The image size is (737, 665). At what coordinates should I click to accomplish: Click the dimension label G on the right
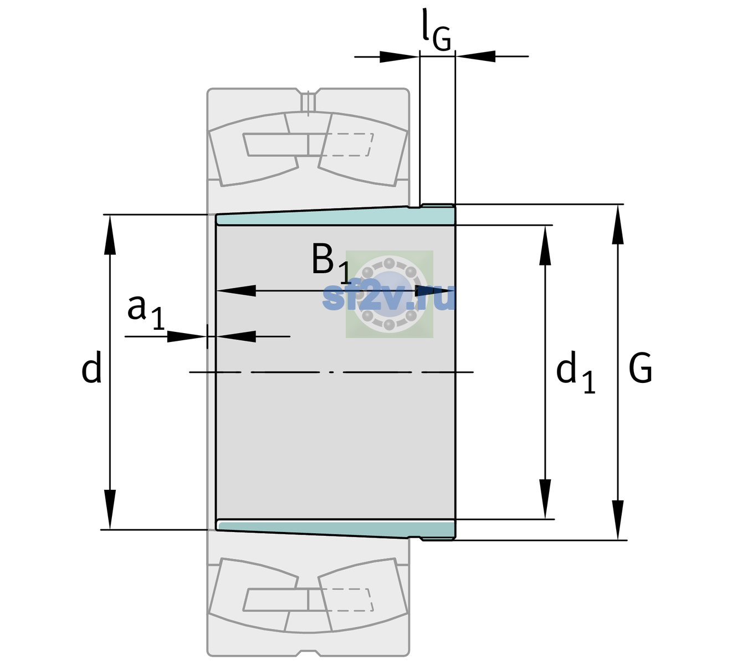pos(640,368)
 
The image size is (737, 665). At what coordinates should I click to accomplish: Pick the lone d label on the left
pos(91,367)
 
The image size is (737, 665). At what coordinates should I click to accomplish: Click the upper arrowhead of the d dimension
pos(110,234)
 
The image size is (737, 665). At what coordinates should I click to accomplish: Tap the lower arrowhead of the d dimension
pos(110,510)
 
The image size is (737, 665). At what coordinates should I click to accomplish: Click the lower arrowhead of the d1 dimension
pos(545,499)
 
